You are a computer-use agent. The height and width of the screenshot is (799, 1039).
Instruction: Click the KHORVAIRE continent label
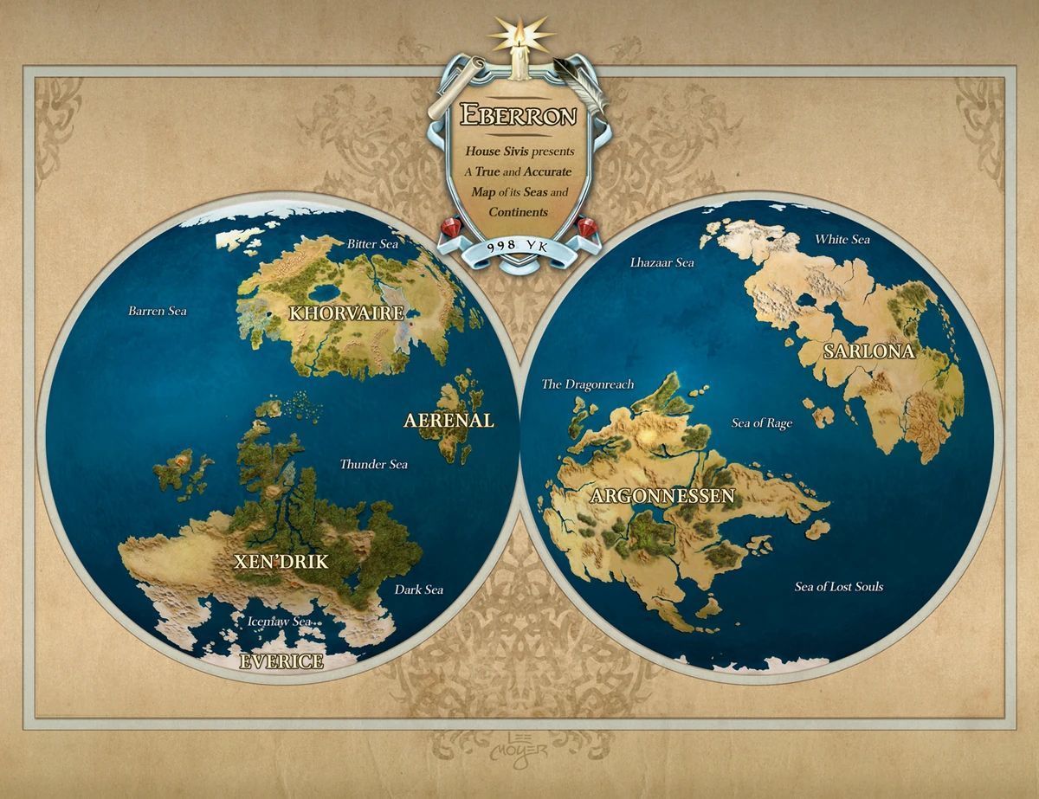click(x=346, y=313)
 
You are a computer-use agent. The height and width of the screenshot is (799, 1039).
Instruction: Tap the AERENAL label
click(x=449, y=421)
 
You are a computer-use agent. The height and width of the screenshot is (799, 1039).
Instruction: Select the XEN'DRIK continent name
click(x=281, y=561)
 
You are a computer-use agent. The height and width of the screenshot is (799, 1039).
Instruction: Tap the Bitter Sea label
click(x=372, y=244)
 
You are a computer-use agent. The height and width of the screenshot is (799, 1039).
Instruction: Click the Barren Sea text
click(x=157, y=310)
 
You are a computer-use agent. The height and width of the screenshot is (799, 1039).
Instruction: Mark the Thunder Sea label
click(x=373, y=464)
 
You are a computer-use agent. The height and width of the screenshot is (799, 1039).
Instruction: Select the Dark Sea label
click(x=419, y=590)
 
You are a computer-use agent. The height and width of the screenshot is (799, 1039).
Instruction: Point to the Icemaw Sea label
click(x=279, y=621)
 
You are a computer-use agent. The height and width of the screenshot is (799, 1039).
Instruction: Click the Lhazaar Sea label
click(x=662, y=261)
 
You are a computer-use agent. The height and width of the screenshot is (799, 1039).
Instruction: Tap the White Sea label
click(x=842, y=239)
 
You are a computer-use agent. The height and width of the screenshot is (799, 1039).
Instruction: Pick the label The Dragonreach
click(x=588, y=383)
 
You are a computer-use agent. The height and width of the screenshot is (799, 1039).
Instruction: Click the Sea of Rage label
click(x=762, y=423)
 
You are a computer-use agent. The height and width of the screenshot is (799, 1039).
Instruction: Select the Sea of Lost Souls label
click(x=839, y=586)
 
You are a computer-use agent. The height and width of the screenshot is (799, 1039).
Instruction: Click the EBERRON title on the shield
click(x=519, y=113)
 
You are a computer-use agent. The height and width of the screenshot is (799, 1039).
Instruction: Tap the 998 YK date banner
click(x=519, y=246)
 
